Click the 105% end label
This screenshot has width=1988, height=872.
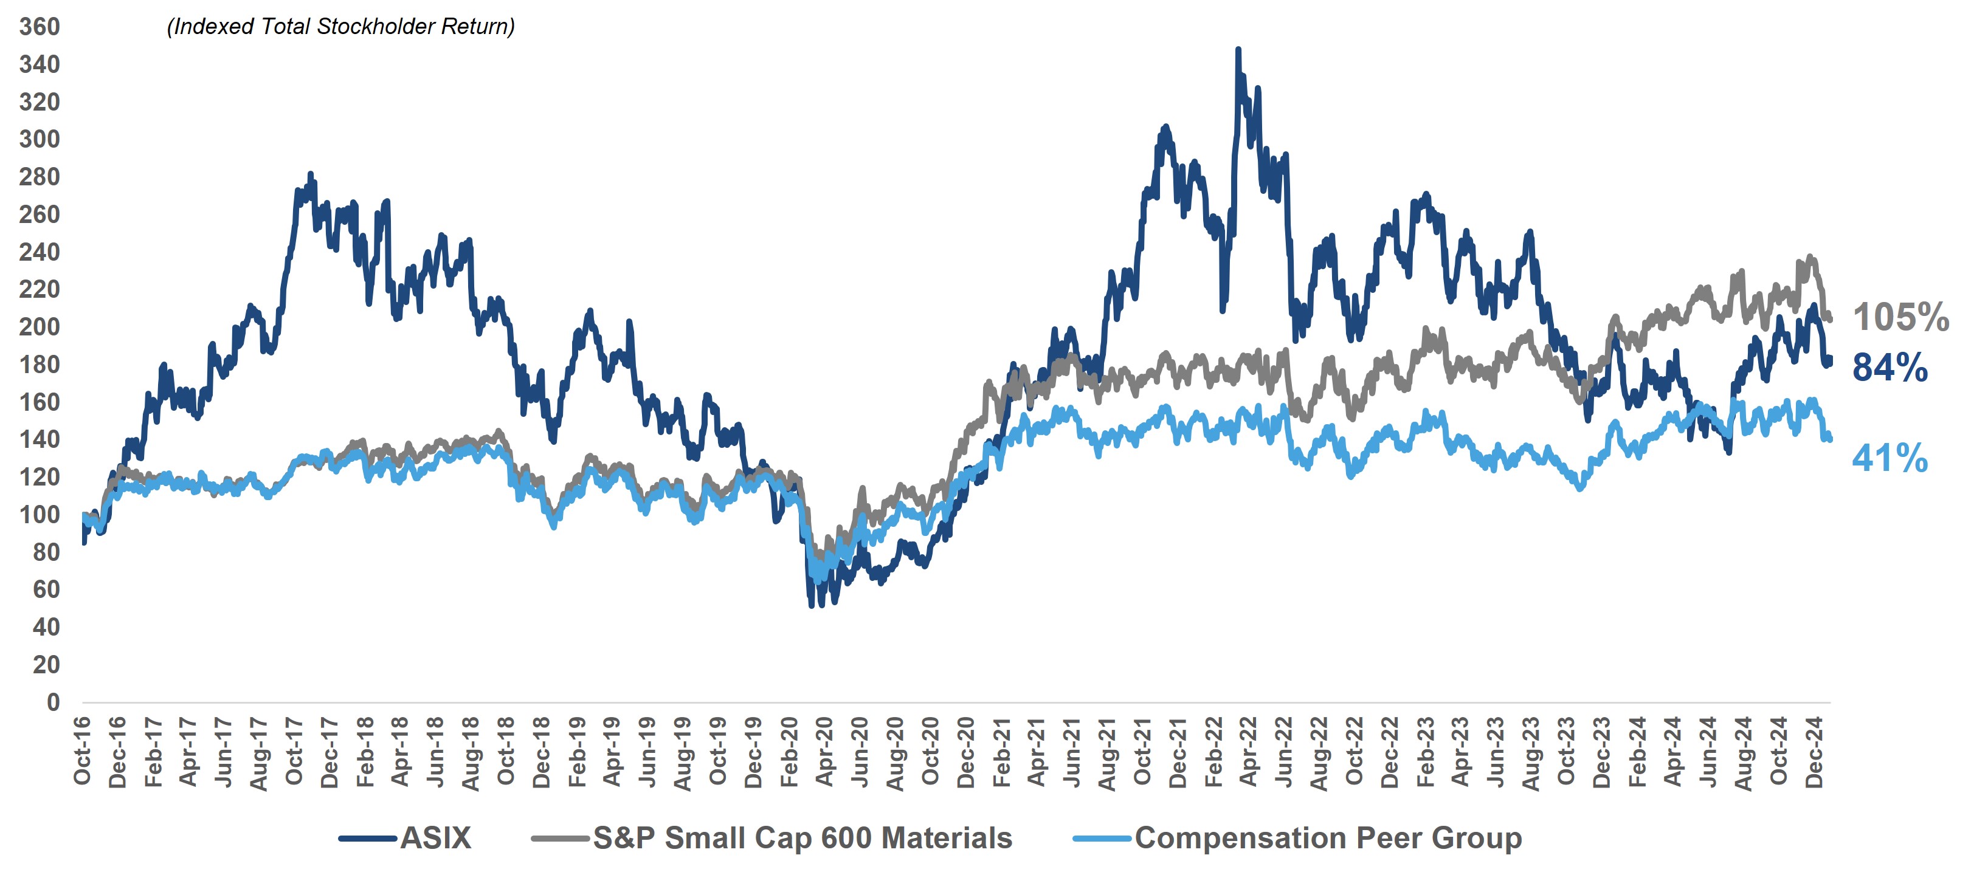[1900, 317]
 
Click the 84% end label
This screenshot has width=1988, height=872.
[1890, 367]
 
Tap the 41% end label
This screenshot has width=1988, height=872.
[1890, 458]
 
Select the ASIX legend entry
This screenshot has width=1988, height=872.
[406, 838]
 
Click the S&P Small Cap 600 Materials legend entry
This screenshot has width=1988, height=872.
[771, 838]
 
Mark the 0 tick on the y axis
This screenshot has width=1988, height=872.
[52, 702]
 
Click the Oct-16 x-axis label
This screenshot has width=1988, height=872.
[82, 750]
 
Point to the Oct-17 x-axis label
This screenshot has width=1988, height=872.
[294, 750]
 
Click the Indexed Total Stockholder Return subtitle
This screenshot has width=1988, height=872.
[340, 26]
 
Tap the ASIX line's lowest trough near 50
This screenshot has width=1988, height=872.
[812, 606]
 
